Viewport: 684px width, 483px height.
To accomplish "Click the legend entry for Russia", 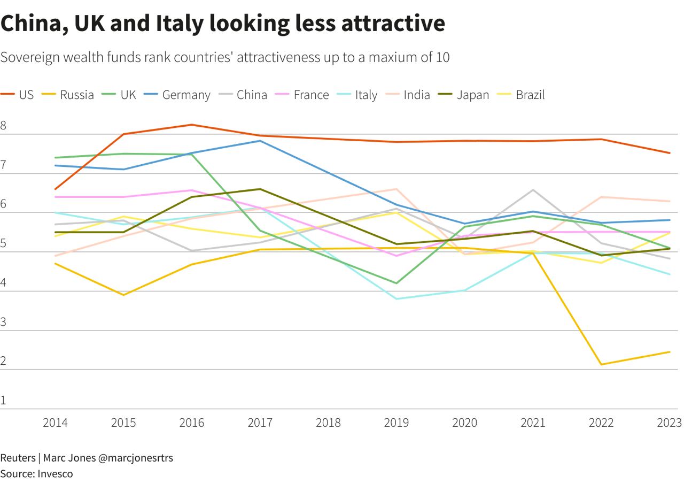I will tap(76, 95).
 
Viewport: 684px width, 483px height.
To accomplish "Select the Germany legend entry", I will tap(186, 95).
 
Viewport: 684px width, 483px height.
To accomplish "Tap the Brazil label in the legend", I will tap(530, 95).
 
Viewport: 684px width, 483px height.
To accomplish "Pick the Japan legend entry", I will tap(472, 95).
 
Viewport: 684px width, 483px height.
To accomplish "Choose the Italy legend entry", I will tap(366, 95).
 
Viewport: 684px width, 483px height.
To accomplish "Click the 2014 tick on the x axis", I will tap(55, 423).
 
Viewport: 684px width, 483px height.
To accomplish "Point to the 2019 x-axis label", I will tap(397, 423).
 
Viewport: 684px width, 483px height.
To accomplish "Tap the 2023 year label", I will tap(670, 423).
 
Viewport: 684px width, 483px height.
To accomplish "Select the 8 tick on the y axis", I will tap(3, 126).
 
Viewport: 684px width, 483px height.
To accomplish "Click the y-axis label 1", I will tap(3, 400).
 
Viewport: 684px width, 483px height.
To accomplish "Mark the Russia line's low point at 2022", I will tap(602, 365).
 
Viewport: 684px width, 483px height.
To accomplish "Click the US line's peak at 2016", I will tap(191, 125).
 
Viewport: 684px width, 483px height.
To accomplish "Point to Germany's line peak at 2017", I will tap(260, 141).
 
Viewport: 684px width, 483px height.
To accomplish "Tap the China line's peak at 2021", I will tap(533, 190).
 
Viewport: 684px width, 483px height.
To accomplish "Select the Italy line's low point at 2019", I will tap(397, 298).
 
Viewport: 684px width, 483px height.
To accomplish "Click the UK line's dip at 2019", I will tap(397, 283).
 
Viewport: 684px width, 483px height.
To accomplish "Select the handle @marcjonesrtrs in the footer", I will tap(135, 458).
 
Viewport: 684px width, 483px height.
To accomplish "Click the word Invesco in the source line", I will tap(55, 473).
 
